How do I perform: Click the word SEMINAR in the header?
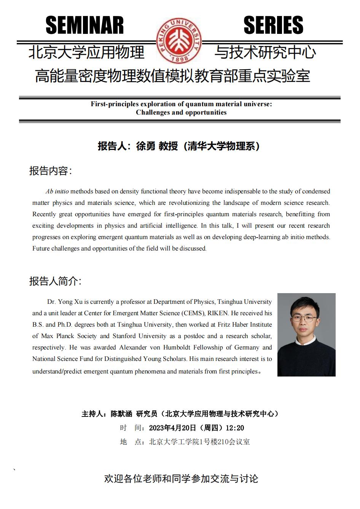[84, 26]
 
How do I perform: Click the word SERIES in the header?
[273, 26]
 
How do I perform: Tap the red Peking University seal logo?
[179, 41]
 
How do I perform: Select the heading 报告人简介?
[55, 281]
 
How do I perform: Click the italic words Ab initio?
[57, 191]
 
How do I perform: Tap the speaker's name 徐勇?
[146, 146]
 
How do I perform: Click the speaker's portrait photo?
[306, 335]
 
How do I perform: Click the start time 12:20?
[235, 428]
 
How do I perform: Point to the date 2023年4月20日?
[172, 428]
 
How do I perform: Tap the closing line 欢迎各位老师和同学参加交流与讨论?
[181, 479]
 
